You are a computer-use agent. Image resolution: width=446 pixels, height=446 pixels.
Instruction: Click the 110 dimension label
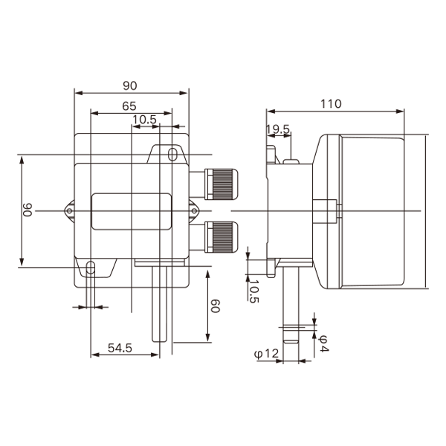[x=331, y=104]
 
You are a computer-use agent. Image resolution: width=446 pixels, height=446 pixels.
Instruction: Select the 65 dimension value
[x=129, y=106]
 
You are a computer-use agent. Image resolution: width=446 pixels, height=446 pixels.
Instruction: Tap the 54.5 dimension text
[x=120, y=348]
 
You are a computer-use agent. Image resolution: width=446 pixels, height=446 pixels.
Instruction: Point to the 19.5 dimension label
[x=278, y=129]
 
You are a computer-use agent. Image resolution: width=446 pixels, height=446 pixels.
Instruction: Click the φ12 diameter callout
[x=266, y=354]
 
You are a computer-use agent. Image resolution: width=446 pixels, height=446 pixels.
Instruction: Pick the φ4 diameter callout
[x=323, y=343]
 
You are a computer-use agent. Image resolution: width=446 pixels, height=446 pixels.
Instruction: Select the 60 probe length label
[x=215, y=306]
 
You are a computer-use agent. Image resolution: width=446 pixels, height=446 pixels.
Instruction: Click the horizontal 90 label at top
[x=129, y=85]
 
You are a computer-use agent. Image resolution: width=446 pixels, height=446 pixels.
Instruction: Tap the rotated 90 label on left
[x=28, y=210]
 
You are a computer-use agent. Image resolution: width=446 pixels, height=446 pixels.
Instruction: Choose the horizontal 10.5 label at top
[x=144, y=120]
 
